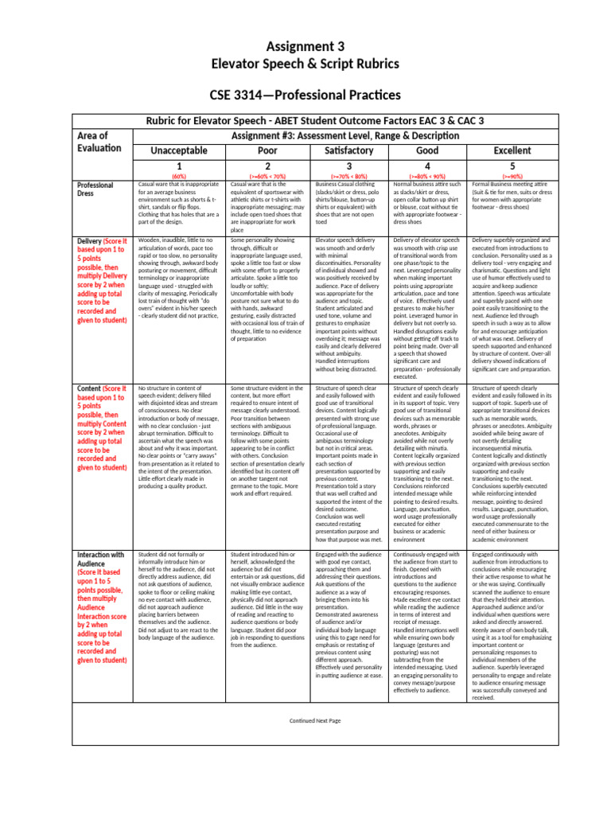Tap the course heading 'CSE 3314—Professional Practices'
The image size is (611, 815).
click(x=305, y=96)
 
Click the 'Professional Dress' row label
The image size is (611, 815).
click(x=95, y=189)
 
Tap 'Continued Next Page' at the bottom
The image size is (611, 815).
click(x=315, y=719)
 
